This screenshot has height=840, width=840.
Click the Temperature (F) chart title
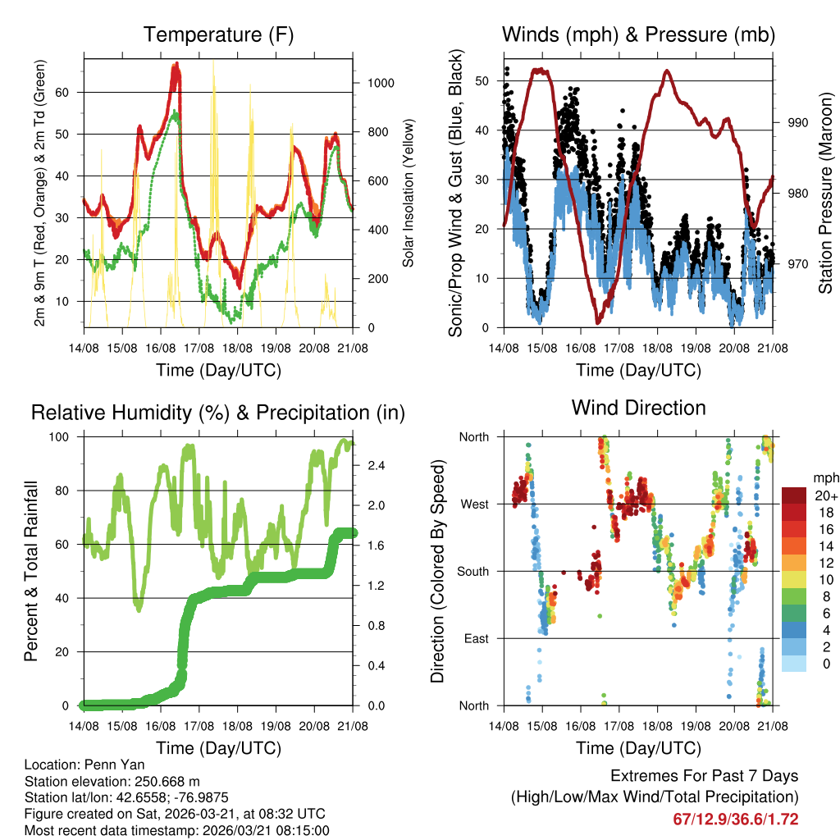tap(218, 34)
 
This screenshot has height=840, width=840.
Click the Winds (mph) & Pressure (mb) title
tap(638, 34)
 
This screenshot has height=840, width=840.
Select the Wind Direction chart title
tap(638, 408)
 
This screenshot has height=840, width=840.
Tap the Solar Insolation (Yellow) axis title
tap(408, 193)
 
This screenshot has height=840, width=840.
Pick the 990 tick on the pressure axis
tap(797, 122)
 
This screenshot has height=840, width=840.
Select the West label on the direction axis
tap(474, 504)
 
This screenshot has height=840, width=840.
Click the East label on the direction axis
tap(475, 638)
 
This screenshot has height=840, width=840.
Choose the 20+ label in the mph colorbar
tap(826, 495)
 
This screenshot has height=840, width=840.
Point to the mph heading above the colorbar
tap(825, 477)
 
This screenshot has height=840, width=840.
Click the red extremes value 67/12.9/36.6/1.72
tap(736, 819)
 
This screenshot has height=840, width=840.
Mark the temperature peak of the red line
tap(175, 66)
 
